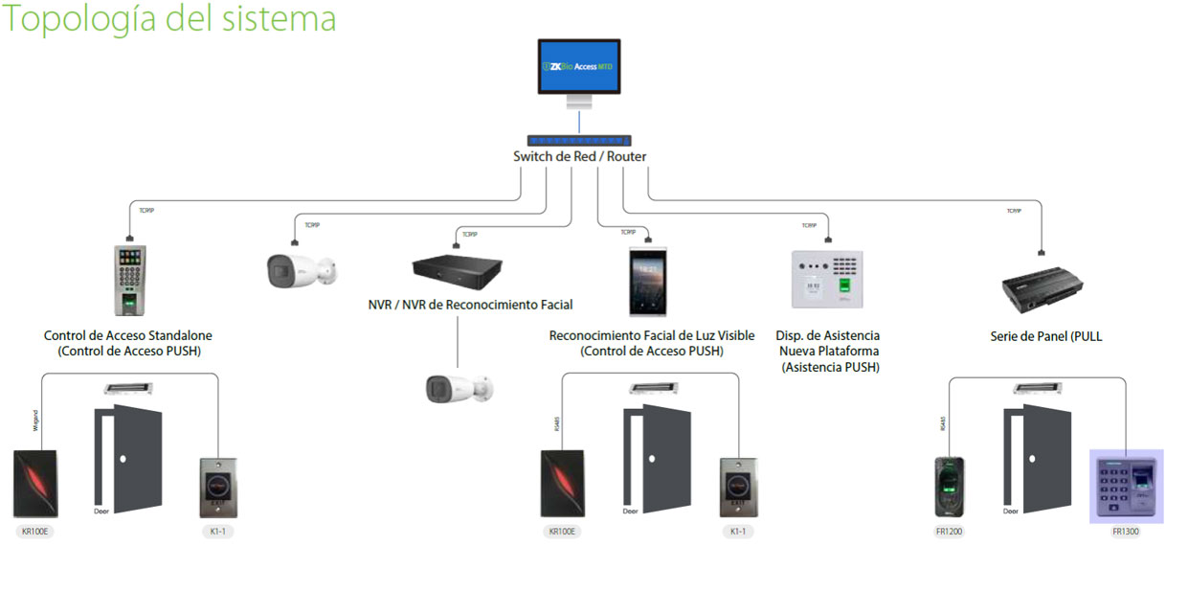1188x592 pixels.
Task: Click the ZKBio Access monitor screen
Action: coord(578,66)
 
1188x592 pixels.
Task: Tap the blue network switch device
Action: coord(578,140)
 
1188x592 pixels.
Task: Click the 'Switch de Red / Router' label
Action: coord(579,157)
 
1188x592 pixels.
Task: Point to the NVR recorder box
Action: coord(458,269)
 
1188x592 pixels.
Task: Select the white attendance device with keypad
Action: coord(827,280)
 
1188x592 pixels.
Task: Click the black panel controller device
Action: coord(1044,286)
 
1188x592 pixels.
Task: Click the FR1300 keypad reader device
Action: coord(1126,486)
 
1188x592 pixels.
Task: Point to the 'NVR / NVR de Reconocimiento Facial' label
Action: coord(470,306)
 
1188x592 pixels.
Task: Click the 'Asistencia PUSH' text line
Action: coord(830,367)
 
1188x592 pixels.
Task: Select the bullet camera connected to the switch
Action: coord(300,271)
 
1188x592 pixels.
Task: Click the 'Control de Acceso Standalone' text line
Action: coord(128,336)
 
